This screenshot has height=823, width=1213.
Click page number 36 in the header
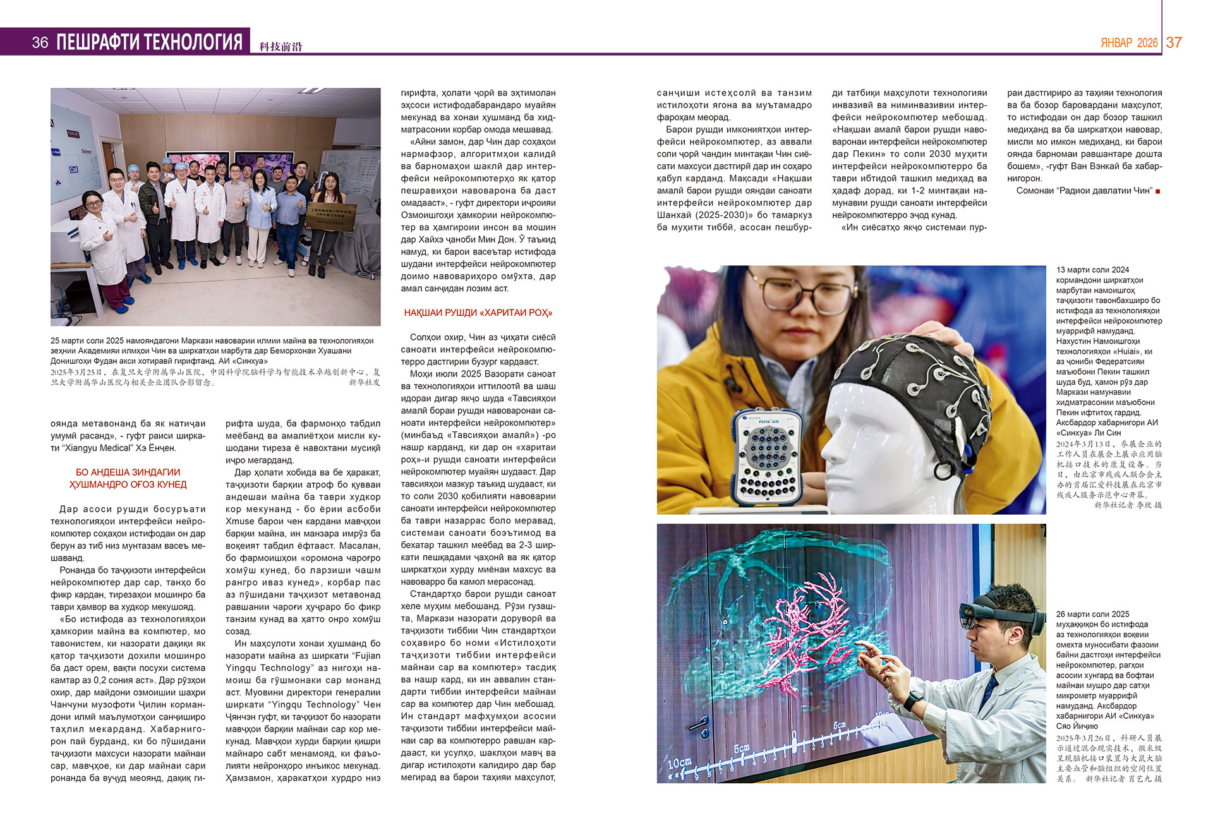tap(40, 42)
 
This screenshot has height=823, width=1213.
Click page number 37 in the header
tap(1174, 42)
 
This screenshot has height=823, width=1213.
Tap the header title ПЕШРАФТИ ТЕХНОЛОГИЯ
tap(149, 42)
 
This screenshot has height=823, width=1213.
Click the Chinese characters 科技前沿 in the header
tap(281, 46)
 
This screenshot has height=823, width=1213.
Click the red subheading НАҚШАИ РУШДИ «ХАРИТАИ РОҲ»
tap(478, 313)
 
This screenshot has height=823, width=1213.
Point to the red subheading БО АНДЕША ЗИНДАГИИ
tap(128, 472)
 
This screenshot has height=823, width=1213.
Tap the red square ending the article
tap(1158, 191)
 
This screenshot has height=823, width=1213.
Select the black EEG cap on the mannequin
tap(910, 373)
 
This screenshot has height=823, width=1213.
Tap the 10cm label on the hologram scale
tap(679, 762)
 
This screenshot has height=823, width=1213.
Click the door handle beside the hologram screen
tap(699, 726)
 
